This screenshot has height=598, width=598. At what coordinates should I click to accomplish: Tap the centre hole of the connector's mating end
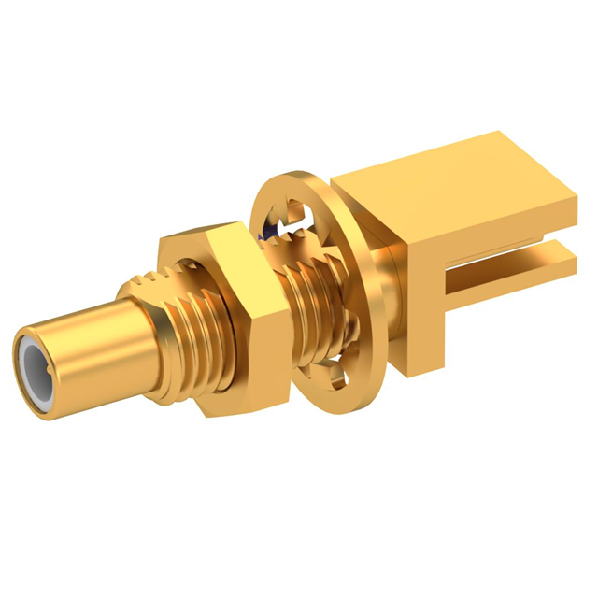click(36, 366)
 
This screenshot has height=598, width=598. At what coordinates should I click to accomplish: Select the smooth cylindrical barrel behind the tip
click(89, 346)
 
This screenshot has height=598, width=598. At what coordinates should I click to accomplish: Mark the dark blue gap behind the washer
click(274, 224)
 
